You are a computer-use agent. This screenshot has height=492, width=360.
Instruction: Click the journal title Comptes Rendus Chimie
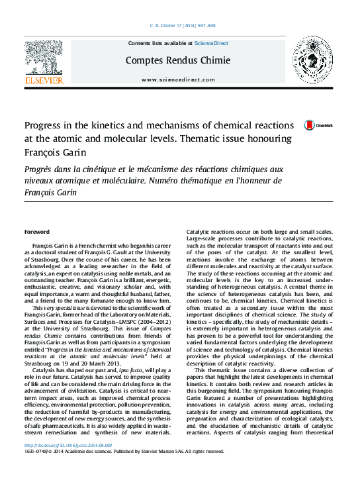coord(178,60)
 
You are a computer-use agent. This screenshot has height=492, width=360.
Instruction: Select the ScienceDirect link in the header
coord(210,43)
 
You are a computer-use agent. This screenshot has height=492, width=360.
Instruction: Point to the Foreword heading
coord(36,232)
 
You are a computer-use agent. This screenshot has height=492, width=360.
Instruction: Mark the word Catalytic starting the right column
coord(199,232)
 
